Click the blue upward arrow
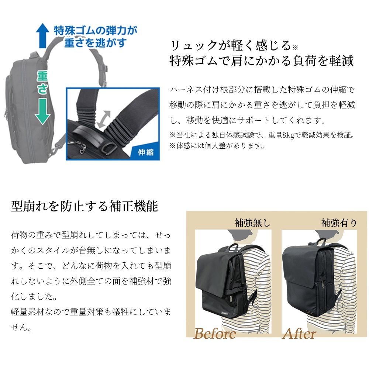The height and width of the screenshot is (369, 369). [42, 35]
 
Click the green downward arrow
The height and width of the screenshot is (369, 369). [42, 111]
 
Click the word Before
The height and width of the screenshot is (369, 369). [214, 334]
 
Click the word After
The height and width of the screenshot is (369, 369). [299, 334]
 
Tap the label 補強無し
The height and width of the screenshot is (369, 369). [252, 223]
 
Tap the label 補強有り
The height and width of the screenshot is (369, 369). [339, 223]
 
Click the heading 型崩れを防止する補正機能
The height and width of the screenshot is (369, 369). [84, 206]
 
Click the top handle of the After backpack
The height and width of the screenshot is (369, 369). [320, 241]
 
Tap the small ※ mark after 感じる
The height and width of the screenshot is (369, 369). [295, 48]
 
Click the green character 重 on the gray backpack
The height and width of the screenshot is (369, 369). [42, 76]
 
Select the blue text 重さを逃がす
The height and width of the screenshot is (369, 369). [96, 43]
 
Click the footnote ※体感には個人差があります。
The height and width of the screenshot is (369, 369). [217, 146]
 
